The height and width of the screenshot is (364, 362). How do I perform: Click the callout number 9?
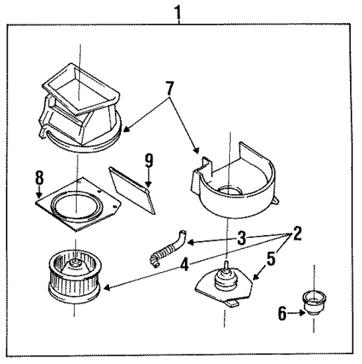point(149,160)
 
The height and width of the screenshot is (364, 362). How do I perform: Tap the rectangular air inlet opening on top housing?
point(81,89)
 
